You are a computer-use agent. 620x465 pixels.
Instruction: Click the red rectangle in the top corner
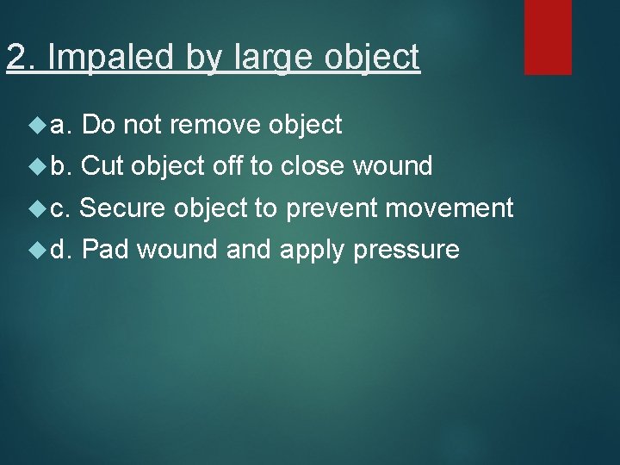[549, 36]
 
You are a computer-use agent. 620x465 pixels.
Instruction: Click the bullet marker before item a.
[36, 126]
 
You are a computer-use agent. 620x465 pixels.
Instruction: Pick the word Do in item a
[101, 126]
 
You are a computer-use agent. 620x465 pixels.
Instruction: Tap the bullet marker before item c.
[36, 208]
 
